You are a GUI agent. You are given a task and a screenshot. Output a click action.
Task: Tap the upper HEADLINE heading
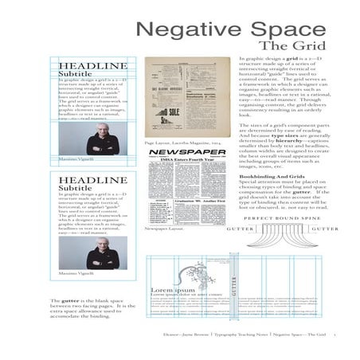[x=92, y=65]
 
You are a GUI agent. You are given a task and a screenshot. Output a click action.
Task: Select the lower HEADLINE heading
[x=92, y=181]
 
